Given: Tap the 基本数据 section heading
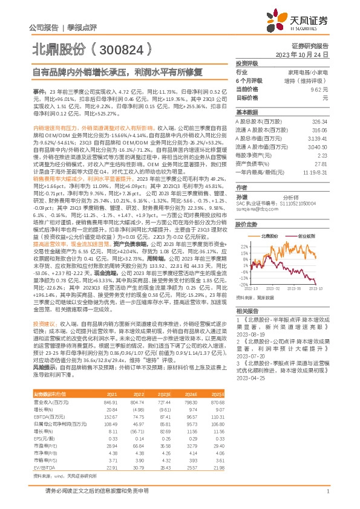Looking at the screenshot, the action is pyautogui.click(x=246, y=112).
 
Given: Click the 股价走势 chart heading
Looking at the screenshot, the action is pyautogui.click(x=246, y=224).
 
